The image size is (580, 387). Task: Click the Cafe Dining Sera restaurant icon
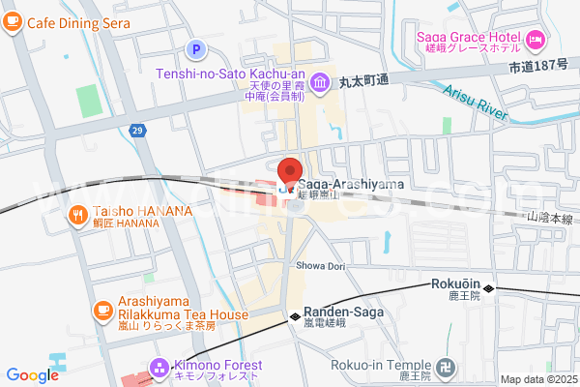point(13,22)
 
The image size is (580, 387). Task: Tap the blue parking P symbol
point(197,48)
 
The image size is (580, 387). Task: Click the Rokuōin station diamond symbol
point(490,288)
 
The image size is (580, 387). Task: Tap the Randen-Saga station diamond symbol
point(295,315)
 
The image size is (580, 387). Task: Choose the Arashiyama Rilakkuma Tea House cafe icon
point(101,310)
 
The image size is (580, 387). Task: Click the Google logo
point(32,375)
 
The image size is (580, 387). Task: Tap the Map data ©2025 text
point(537,379)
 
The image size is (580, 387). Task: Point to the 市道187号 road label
point(541,68)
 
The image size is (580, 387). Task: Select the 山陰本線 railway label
point(551,222)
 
